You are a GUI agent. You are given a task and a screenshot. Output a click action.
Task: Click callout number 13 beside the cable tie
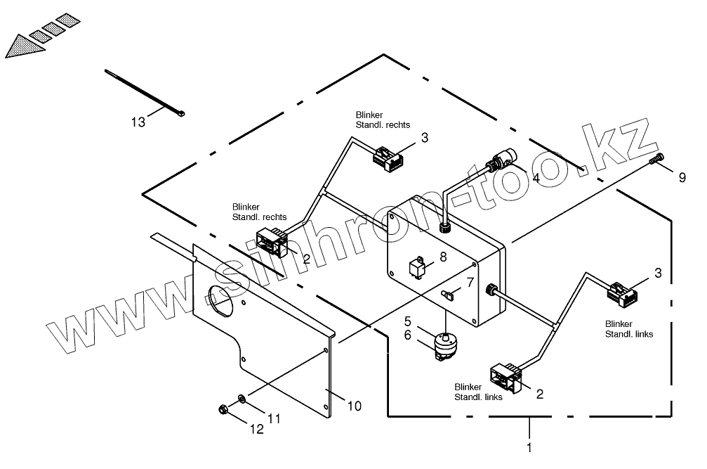(x=138, y=122)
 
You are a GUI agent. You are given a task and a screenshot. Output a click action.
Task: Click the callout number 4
(x=536, y=178)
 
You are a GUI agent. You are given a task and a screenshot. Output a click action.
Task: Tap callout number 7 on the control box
(x=470, y=282)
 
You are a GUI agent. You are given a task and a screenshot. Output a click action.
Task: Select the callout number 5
(x=407, y=321)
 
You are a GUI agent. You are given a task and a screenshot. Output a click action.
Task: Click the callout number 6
(x=407, y=336)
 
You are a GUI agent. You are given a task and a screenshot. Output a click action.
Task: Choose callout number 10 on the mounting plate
(x=355, y=406)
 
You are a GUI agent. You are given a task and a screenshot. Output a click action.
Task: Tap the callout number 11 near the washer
(x=274, y=418)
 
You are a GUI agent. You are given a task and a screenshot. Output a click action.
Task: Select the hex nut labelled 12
(x=220, y=409)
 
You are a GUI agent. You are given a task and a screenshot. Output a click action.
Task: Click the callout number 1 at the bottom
(x=529, y=446)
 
